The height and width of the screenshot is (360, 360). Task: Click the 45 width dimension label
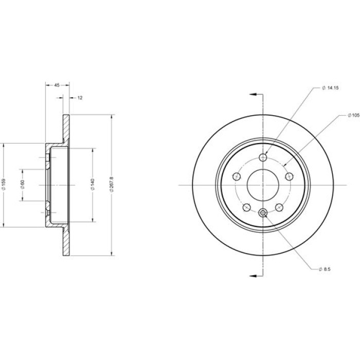tap(57, 85)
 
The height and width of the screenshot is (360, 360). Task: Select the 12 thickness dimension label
tap(80, 98)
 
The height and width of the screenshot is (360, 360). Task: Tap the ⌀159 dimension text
tap(4, 184)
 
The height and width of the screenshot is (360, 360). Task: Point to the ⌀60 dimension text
tap(22, 185)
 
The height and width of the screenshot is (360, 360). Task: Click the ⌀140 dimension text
tap(93, 184)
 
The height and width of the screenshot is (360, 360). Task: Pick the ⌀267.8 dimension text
tap(112, 184)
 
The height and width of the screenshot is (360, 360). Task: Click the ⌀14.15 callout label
tap(330, 88)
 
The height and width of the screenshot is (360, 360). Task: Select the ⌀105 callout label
tap(353, 116)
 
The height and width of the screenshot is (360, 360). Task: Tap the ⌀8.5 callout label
tap(325, 269)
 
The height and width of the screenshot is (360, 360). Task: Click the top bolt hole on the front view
tap(263, 157)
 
